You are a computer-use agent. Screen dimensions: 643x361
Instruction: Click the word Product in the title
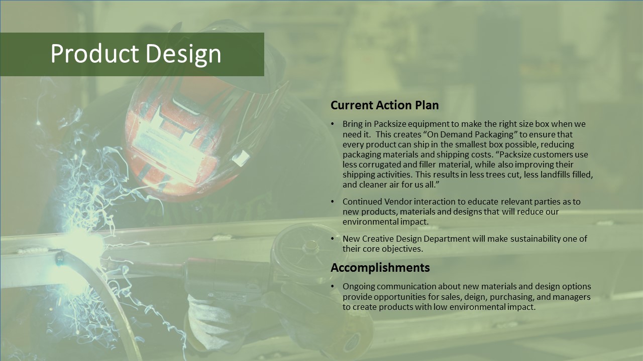[95, 53]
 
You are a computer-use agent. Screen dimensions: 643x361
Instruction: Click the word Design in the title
[184, 55]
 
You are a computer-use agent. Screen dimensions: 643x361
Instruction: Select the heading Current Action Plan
[385, 105]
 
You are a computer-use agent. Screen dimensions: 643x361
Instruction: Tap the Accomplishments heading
[380, 268]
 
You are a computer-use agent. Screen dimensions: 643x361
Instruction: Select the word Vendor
[398, 202]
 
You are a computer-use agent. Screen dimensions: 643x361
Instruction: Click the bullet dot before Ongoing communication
[333, 286]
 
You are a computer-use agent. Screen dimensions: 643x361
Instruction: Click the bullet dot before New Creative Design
[333, 239]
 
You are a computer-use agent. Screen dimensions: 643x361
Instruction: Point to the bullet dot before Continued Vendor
[333, 202]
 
